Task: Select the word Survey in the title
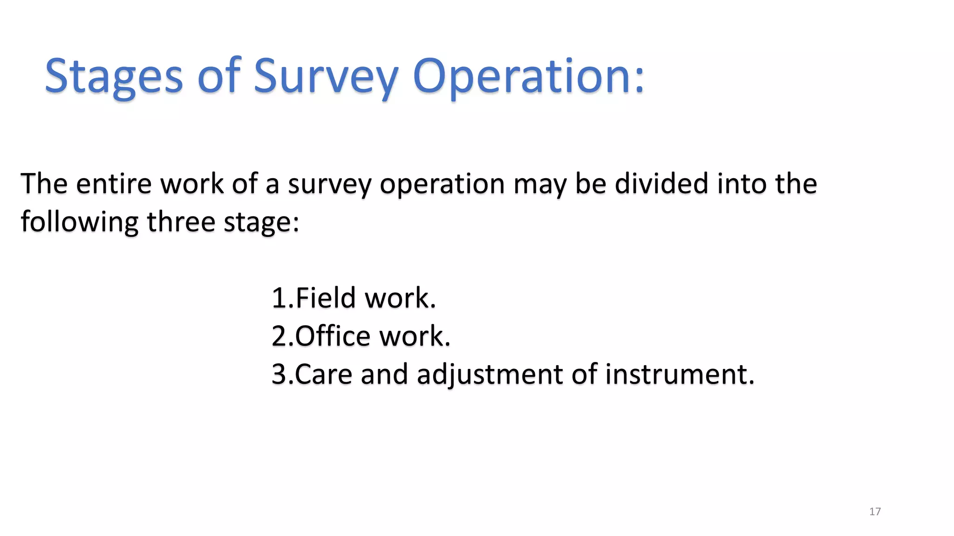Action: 326,77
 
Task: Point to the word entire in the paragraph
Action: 114,183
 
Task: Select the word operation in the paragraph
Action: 442,185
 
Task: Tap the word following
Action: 80,222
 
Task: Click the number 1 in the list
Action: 279,298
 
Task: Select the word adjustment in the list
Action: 490,375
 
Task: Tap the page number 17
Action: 875,512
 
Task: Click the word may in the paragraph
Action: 539,185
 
